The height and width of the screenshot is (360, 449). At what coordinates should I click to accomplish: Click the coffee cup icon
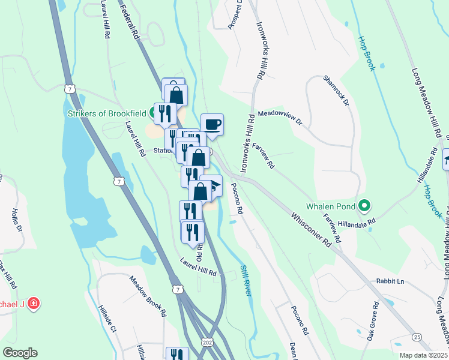click(212, 125)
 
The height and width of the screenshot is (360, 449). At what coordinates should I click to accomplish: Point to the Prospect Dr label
click(234, 14)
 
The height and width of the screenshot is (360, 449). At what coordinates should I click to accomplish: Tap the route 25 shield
click(417, 337)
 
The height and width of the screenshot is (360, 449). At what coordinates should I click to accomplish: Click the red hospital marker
click(34, 303)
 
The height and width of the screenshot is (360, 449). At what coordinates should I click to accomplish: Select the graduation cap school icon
click(213, 185)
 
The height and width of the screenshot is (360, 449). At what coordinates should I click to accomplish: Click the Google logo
click(20, 353)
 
